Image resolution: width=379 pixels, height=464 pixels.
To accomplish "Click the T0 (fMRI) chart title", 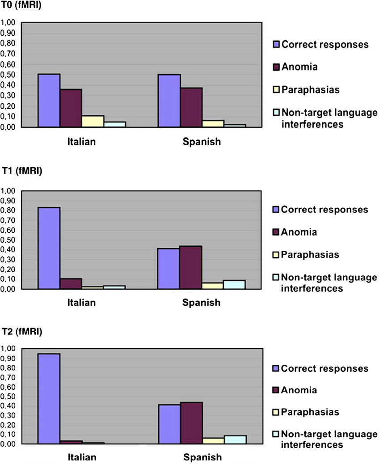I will [20, 6].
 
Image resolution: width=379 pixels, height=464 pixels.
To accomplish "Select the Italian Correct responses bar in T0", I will [49, 101].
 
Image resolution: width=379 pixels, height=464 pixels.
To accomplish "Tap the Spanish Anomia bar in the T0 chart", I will [191, 107].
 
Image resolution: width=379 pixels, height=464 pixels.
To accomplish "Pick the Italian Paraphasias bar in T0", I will [93, 122].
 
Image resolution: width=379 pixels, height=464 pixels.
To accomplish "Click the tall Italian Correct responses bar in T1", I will [49, 248].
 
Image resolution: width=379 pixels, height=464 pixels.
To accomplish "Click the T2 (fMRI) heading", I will [20, 332].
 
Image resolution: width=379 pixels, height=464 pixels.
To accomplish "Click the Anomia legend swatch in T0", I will [276, 67].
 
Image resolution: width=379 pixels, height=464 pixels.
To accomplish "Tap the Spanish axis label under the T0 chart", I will [201, 142].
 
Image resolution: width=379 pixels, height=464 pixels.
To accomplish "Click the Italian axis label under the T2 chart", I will [82, 457].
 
